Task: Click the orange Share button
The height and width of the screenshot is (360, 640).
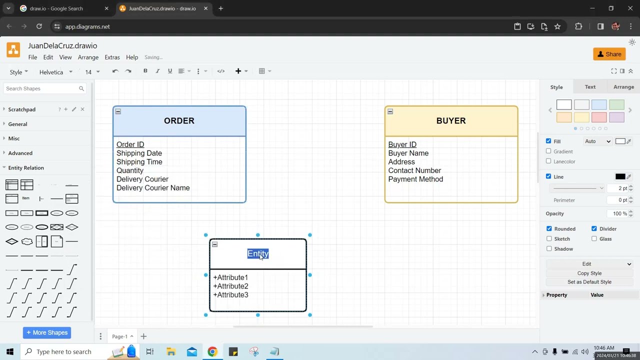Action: pos(609,54)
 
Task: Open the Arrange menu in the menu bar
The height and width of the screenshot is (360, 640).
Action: pos(88,57)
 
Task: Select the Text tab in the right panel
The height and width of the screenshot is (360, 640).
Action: pos(589,87)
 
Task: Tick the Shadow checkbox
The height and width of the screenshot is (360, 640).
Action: pos(549,248)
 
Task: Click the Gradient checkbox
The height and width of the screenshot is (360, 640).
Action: pos(548,151)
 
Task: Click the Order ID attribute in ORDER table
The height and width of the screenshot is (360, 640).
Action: pos(130,144)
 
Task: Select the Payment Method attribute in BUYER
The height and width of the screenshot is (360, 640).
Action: pos(415,179)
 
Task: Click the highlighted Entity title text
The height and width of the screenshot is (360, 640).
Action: pos(257,253)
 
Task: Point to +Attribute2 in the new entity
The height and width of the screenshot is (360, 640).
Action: pos(230,286)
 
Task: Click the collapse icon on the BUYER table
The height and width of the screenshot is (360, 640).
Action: pos(390,111)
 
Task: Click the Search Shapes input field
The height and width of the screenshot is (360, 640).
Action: pos(41,88)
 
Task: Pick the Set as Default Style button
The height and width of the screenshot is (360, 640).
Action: pos(589,282)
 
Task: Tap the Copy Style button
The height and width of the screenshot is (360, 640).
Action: pos(589,273)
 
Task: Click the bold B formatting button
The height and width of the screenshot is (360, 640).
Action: pos(145,71)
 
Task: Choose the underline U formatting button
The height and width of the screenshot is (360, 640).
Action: pos(169,71)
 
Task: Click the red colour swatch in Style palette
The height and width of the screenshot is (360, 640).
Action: pos(599,117)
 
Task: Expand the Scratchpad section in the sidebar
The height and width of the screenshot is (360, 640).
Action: pos(21,109)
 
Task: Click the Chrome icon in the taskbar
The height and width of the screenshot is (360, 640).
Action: pos(212,351)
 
